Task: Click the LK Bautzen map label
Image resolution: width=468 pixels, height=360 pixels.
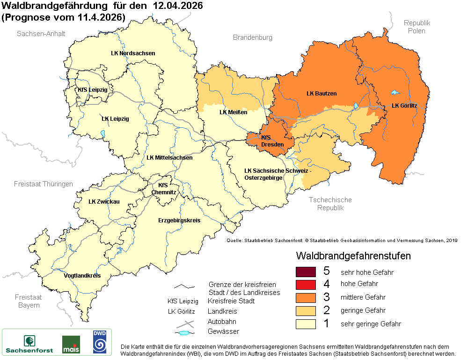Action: [322, 94]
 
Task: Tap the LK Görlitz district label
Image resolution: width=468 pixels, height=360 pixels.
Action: [404, 106]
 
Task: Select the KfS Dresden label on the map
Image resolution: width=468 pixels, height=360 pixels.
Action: [272, 141]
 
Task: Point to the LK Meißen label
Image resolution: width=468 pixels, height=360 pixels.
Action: [233, 112]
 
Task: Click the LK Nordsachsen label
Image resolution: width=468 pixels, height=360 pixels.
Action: [133, 53]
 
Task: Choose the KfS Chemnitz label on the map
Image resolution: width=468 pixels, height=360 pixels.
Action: [164, 189]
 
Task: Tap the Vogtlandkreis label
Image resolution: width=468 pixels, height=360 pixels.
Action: [82, 276]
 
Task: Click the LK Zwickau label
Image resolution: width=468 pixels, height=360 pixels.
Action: [104, 202]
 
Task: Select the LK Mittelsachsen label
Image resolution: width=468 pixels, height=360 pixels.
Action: [169, 158]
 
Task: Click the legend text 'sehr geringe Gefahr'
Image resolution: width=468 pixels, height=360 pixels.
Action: [371, 324]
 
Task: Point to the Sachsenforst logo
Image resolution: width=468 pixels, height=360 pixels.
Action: [29, 344]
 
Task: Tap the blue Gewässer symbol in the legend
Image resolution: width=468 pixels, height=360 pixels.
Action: [184, 333]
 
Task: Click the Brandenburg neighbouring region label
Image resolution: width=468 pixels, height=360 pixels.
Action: [253, 37]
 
